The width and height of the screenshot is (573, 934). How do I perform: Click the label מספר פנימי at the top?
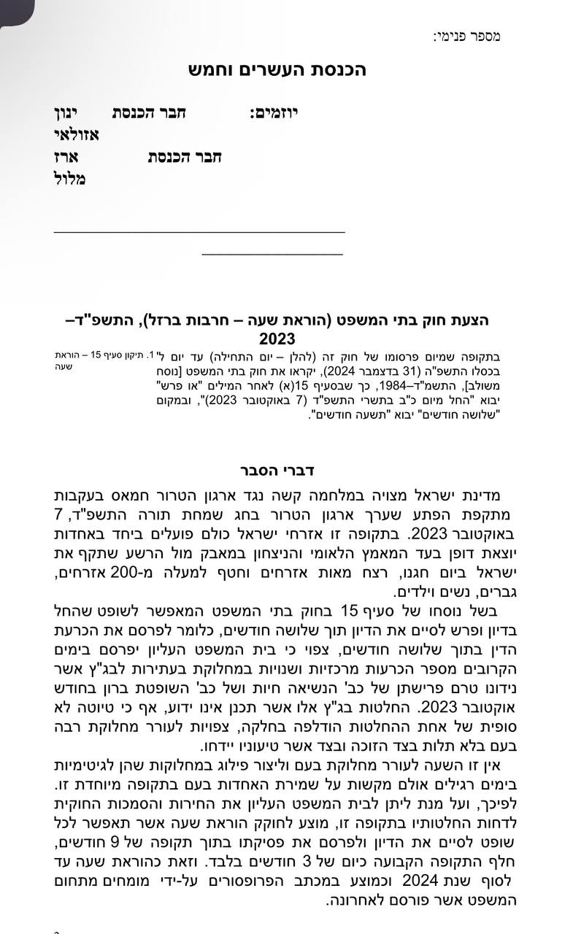coord(466,36)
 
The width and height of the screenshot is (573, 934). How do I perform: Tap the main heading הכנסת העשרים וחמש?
coord(286,70)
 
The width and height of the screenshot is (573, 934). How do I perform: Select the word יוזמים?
coord(274,113)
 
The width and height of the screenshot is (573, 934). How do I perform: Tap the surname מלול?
coord(70,179)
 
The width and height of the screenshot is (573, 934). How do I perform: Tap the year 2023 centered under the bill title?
coord(277,339)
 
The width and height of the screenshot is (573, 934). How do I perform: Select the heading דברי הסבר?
coord(277,468)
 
